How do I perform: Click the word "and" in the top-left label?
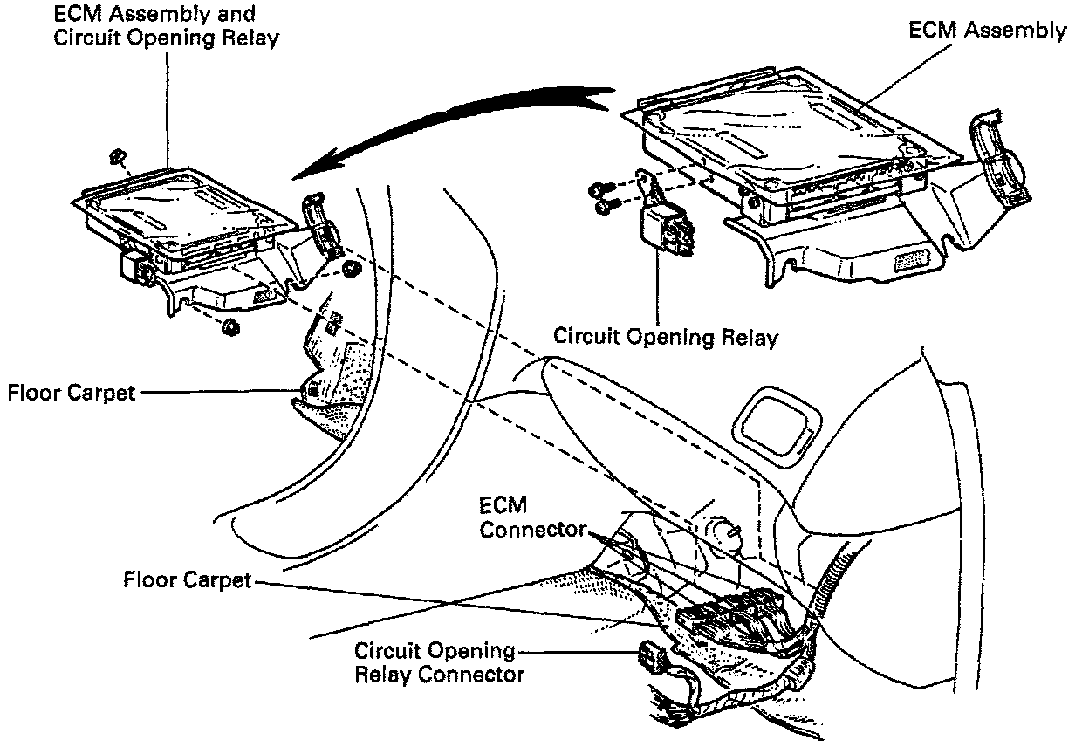click(237, 15)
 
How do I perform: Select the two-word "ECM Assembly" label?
click(987, 30)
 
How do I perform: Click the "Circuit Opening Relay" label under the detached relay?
click(665, 336)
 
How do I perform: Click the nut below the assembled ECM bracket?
click(230, 327)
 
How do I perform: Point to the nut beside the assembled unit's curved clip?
click(352, 269)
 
